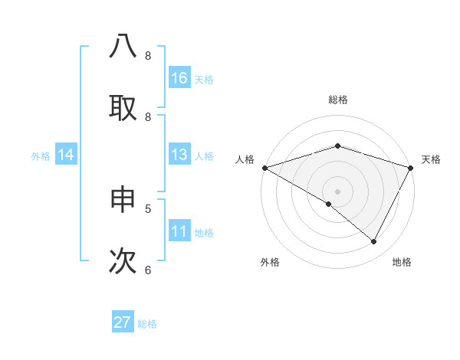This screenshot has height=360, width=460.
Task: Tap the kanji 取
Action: [123, 106]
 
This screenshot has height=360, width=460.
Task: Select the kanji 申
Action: [123, 200]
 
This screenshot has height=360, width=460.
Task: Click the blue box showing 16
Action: [179, 78]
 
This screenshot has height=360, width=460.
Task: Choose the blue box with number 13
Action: [179, 155]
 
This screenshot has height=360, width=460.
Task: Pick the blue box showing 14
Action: [66, 155]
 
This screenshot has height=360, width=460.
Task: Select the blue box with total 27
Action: [123, 322]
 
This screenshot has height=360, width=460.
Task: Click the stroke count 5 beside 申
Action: [148, 208]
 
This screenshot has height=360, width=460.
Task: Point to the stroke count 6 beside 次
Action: [148, 270]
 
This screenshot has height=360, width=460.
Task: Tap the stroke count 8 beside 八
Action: [148, 55]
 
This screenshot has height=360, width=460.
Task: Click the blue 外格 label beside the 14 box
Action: [41, 155]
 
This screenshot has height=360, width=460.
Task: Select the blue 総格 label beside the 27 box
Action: [148, 324]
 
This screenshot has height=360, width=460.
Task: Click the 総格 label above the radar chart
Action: [337, 100]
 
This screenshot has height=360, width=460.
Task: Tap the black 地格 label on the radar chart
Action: [402, 262]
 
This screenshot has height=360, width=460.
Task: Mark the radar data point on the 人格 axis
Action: [264, 168]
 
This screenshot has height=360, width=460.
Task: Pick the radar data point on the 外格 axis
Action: [328, 204]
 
